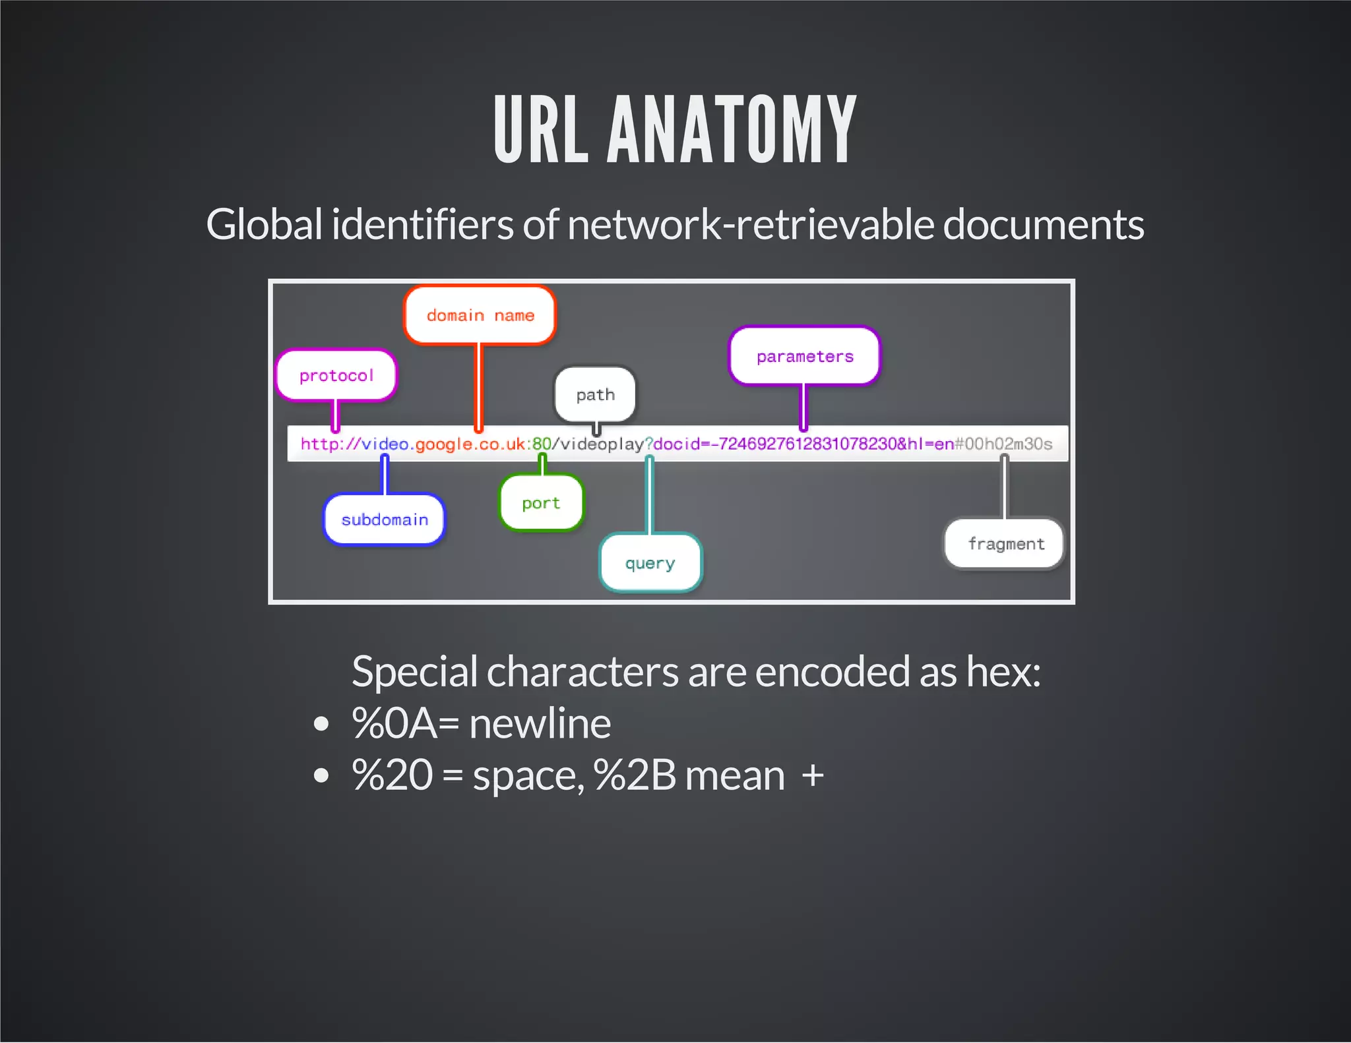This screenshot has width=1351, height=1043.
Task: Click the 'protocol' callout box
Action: point(336,375)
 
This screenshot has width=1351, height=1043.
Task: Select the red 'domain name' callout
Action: point(480,315)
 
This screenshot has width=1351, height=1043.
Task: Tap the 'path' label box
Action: point(595,394)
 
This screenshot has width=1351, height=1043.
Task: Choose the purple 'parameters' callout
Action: point(804,356)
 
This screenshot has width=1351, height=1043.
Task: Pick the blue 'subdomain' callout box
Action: point(384,520)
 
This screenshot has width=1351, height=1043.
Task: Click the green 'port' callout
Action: point(541,503)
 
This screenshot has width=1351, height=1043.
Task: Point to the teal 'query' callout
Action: point(650,563)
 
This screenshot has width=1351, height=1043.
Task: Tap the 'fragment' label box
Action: point(1005,544)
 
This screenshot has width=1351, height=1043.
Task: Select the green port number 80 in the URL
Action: point(542,444)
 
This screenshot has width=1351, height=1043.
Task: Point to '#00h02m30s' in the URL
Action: point(1003,444)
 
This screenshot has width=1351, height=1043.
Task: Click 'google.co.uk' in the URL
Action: point(470,444)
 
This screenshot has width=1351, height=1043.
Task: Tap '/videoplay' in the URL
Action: point(598,444)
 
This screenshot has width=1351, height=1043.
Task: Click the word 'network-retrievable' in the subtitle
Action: point(750,224)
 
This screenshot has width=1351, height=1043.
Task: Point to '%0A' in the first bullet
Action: point(394,723)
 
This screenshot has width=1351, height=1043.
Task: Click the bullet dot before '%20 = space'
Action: point(321,775)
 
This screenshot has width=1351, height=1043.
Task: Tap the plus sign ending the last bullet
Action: point(813,775)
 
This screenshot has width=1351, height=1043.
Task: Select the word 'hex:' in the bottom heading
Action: point(1003,671)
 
